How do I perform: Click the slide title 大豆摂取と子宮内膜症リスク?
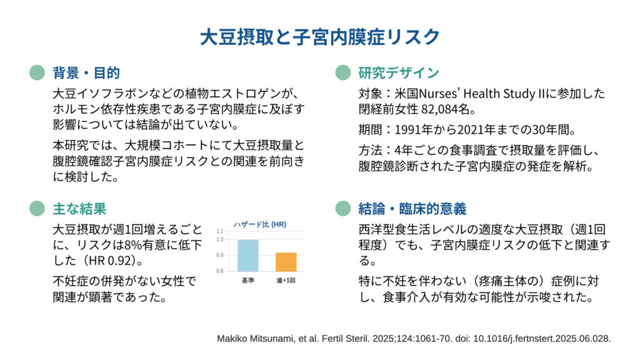pyautogui.click(x=320, y=37)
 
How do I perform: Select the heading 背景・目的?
pyautogui.click(x=86, y=73)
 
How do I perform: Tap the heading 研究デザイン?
pyautogui.click(x=399, y=73)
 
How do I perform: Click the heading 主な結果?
pyautogui.click(x=79, y=209)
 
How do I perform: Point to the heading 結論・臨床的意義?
pyautogui.click(x=412, y=209)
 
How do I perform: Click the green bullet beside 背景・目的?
pyautogui.click(x=37, y=72)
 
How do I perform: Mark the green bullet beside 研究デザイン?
pyautogui.click(x=343, y=72)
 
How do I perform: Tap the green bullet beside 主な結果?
pyautogui.click(x=37, y=209)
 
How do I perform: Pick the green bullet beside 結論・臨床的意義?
pyautogui.click(x=343, y=209)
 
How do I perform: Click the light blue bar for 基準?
pyautogui.click(x=247, y=256)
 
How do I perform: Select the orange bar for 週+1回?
pyautogui.click(x=286, y=262)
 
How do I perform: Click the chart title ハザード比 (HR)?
pyautogui.click(x=259, y=224)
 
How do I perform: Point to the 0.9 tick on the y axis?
pyautogui.click(x=220, y=255)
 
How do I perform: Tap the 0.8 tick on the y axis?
pyautogui.click(x=220, y=271)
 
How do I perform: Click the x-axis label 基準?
pyautogui.click(x=247, y=281)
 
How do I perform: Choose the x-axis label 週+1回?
pyautogui.click(x=286, y=281)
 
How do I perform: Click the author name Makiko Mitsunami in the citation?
pyautogui.click(x=255, y=339)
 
